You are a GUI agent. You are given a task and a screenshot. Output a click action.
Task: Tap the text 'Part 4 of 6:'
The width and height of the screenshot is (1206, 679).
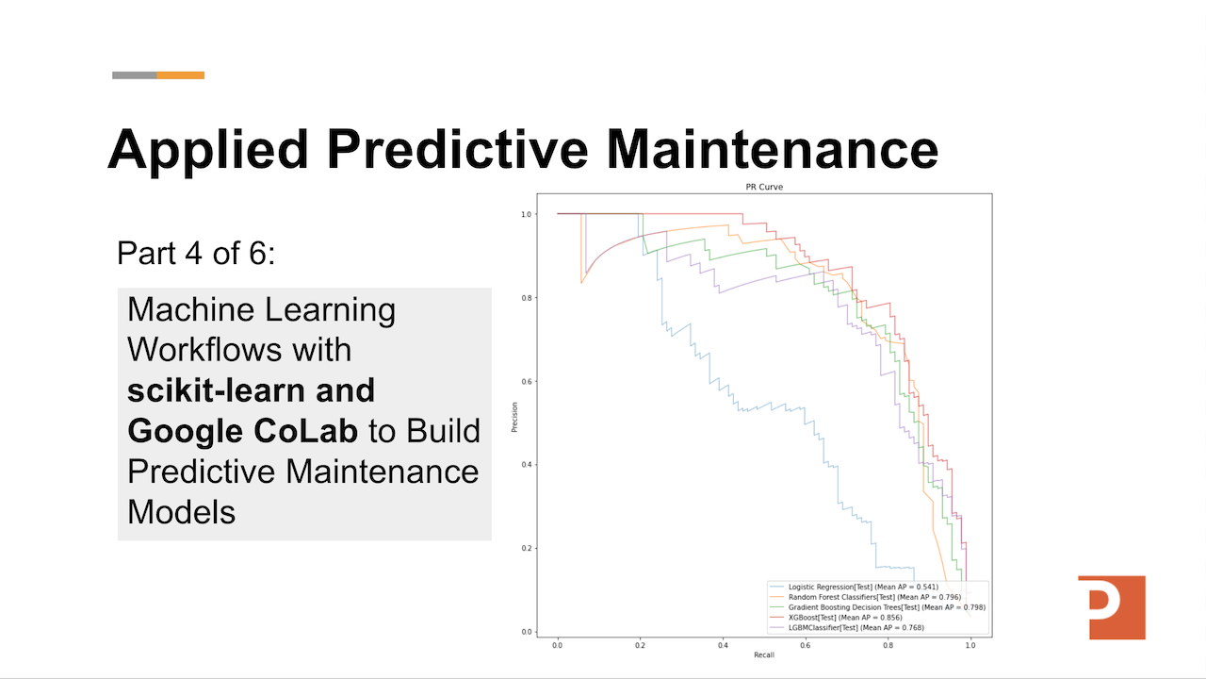196,253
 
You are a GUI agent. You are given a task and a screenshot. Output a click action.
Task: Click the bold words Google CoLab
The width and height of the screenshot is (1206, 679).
242,430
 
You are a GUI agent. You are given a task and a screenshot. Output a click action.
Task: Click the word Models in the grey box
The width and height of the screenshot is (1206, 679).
181,511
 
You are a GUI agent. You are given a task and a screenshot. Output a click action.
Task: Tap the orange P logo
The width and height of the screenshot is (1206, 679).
1112,606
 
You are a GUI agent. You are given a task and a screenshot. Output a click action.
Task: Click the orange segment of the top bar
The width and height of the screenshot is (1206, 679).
181,75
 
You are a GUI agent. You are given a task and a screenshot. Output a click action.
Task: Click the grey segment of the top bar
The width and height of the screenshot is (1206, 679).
134,75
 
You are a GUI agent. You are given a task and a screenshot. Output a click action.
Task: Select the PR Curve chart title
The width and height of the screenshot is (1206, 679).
763,187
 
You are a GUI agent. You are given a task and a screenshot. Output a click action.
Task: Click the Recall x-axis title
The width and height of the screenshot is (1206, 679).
763,654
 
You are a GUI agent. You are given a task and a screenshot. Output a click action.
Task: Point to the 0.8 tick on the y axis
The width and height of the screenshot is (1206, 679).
526,298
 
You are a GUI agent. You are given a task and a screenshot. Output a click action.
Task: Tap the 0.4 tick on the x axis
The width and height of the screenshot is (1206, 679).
722,646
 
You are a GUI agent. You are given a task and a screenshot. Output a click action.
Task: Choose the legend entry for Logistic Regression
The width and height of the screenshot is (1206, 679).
862,587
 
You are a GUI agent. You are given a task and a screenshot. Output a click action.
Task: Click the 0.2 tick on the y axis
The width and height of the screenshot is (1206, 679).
526,548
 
